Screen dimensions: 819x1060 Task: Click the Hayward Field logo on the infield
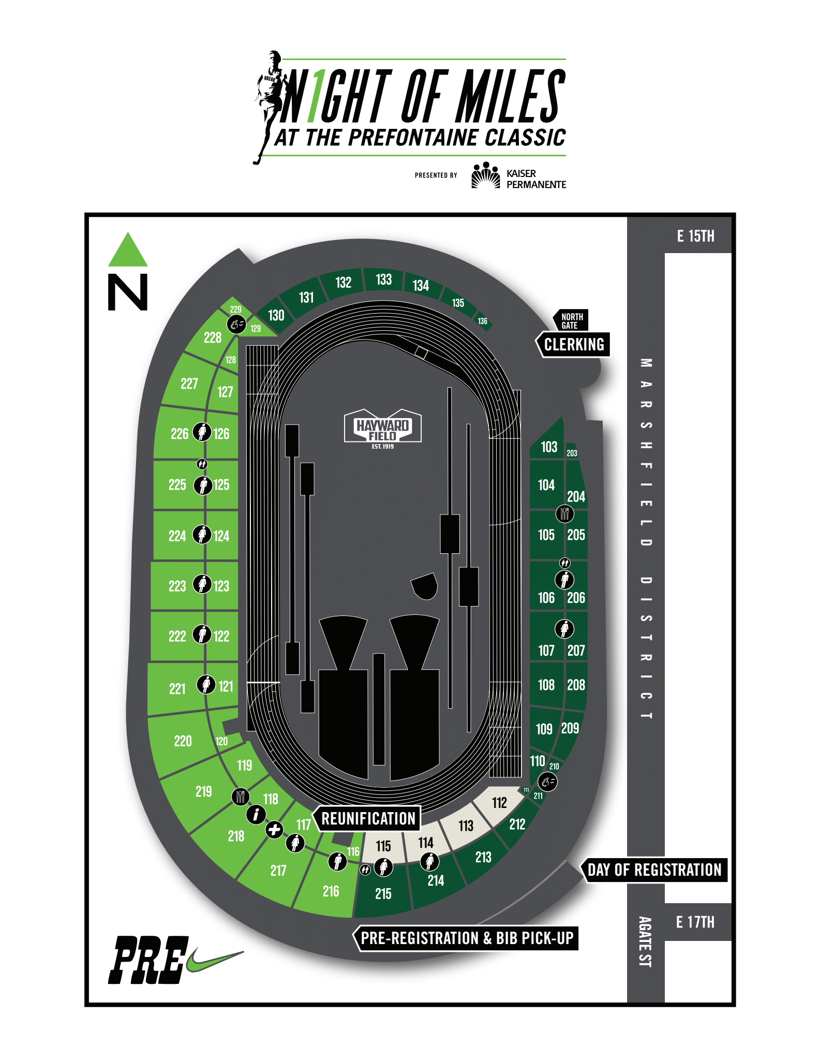(383, 429)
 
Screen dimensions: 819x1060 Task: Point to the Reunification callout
(368, 818)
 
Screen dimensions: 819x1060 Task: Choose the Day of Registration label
(654, 870)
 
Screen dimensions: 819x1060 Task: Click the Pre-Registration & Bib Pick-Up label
(466, 938)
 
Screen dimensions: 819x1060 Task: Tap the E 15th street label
(695, 236)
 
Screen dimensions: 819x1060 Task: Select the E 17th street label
(695, 922)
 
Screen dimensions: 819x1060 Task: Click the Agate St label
(645, 942)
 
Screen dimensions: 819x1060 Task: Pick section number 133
(383, 279)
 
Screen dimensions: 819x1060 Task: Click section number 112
(499, 803)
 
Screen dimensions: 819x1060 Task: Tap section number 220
(183, 741)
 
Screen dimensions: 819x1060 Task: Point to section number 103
(549, 447)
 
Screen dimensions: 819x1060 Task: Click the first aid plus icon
(274, 830)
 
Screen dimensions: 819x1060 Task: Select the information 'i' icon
(256, 814)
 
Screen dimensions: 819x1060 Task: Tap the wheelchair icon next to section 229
(236, 325)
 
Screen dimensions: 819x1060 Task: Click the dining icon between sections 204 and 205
(564, 514)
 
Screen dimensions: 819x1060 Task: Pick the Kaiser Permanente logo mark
(485, 175)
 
